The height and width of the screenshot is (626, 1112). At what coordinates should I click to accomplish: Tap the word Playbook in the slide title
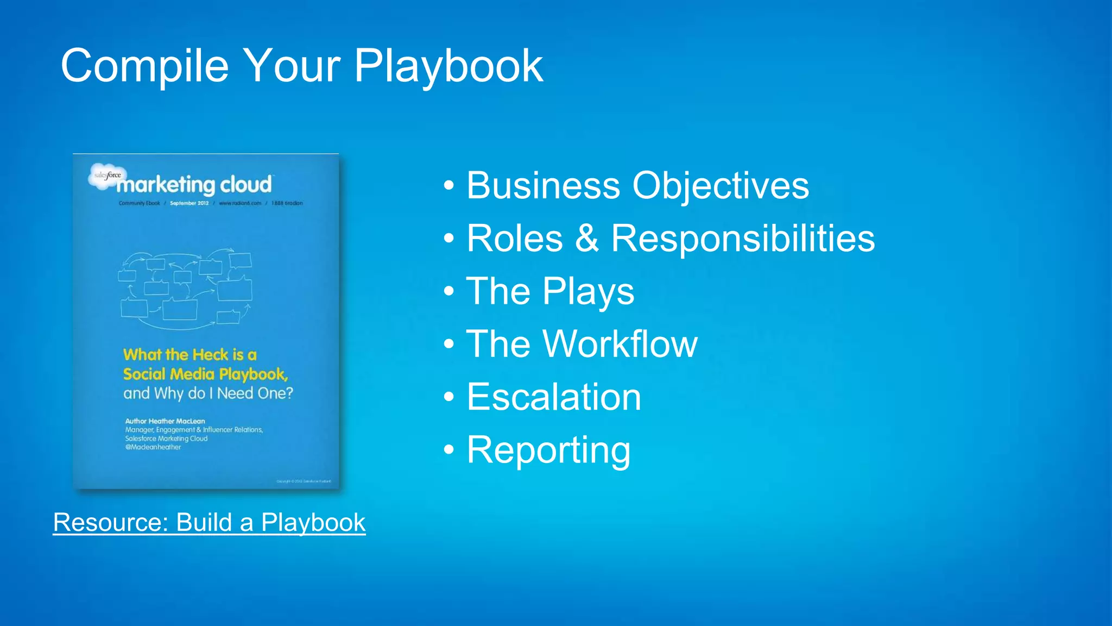point(448,66)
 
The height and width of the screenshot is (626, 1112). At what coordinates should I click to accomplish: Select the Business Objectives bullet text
point(637,186)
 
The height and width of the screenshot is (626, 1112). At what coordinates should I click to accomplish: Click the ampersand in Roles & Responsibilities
point(587,238)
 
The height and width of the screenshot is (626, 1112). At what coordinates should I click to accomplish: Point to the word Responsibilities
point(743,239)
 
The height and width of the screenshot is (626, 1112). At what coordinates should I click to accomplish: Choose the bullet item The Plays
point(550,291)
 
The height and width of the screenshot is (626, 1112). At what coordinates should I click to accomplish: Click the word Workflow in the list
point(620,344)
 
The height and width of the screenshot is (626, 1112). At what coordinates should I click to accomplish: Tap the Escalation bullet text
point(554,397)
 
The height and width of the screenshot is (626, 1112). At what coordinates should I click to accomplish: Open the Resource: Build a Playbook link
point(209,523)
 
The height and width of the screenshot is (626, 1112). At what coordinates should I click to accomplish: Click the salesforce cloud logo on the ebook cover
point(107,176)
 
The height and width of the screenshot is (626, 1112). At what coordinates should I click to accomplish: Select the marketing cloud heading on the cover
point(194,185)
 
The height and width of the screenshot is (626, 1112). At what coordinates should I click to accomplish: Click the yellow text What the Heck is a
point(189,355)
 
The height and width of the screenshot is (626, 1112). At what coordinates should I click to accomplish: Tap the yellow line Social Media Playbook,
point(205,374)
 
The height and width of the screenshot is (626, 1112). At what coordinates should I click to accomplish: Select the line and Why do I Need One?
point(208,393)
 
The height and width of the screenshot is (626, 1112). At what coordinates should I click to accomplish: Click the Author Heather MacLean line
point(165,421)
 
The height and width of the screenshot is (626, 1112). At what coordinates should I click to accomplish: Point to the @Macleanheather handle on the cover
point(153,447)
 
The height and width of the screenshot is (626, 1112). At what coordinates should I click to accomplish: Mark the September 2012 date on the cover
point(189,203)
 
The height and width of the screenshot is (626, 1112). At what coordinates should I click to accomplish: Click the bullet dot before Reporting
point(448,450)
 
